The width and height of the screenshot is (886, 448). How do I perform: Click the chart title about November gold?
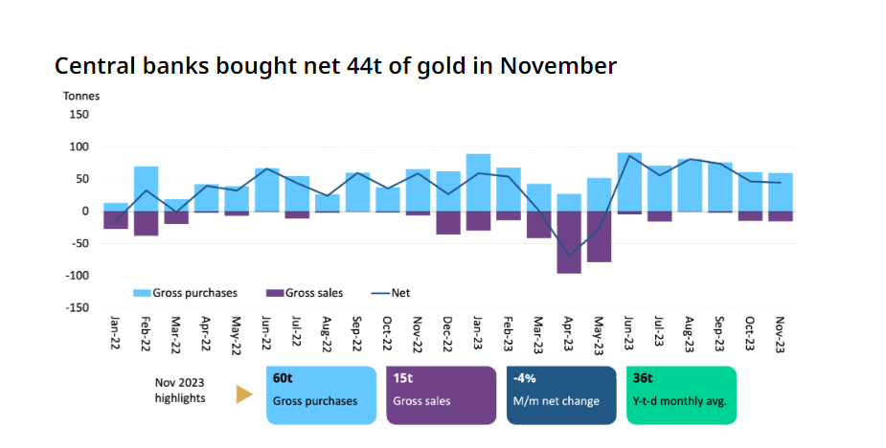(335, 66)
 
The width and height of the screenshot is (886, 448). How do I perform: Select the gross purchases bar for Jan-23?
(478, 182)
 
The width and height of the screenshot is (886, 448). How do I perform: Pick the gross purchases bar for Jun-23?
(629, 182)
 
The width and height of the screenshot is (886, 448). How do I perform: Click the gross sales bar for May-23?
(599, 235)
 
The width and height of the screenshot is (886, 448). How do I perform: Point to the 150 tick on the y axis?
(80, 114)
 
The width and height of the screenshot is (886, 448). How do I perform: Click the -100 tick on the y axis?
(77, 275)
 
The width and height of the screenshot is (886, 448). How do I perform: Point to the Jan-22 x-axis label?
(117, 335)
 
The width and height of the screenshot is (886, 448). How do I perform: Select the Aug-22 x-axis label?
(328, 335)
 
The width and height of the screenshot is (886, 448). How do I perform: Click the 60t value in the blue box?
(283, 378)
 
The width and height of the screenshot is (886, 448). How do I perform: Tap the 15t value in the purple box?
(403, 378)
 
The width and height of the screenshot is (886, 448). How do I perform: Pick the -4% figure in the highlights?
(526, 378)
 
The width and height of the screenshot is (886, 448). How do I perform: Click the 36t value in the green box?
(644, 378)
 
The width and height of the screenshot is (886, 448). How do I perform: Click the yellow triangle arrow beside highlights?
(244, 394)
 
